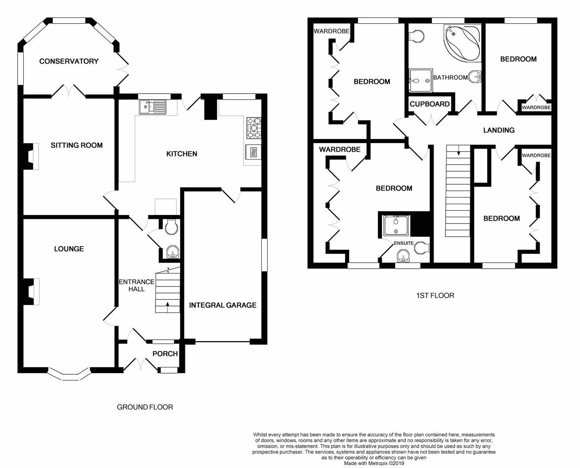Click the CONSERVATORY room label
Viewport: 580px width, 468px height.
[69, 61]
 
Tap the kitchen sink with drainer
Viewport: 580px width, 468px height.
[153, 107]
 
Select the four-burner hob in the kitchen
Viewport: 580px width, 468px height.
[254, 128]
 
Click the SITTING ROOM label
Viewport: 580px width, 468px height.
[77, 145]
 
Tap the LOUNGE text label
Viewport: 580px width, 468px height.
[69, 249]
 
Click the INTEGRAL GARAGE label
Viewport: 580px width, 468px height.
[223, 305]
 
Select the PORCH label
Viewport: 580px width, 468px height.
[165, 354]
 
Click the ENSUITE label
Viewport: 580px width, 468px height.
[403, 243]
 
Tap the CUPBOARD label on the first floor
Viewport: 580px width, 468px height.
[430, 104]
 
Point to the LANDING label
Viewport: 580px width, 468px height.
[499, 130]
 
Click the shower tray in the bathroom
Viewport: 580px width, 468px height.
[421, 80]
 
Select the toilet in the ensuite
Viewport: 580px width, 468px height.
[421, 248]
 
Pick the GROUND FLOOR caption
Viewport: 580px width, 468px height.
[145, 407]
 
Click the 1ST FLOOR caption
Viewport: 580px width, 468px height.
[435, 296]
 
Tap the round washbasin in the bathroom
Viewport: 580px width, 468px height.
[475, 77]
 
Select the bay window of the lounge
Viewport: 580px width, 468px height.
[69, 375]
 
